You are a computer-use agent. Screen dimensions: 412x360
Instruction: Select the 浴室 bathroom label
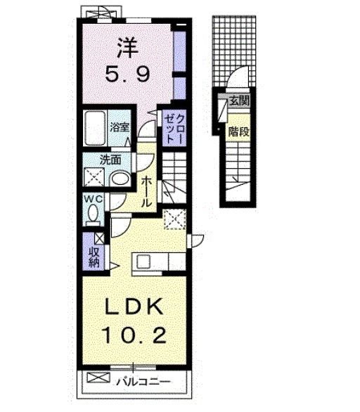(120, 127)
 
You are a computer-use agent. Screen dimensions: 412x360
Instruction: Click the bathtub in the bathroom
(94, 129)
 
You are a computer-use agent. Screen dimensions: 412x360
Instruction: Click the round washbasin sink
(120, 179)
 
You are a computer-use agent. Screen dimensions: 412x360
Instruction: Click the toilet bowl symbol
(92, 216)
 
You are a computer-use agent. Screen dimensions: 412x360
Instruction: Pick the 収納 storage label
(94, 257)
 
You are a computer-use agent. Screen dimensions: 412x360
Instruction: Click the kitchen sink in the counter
(145, 263)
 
